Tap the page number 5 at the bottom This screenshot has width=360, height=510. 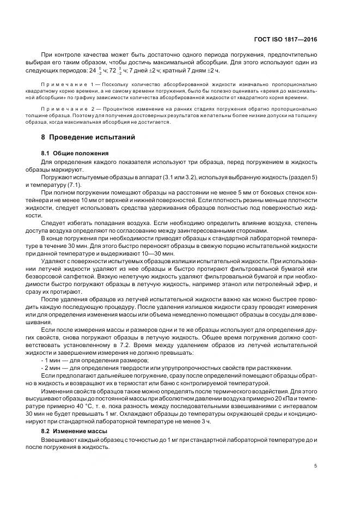coord(316,466)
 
